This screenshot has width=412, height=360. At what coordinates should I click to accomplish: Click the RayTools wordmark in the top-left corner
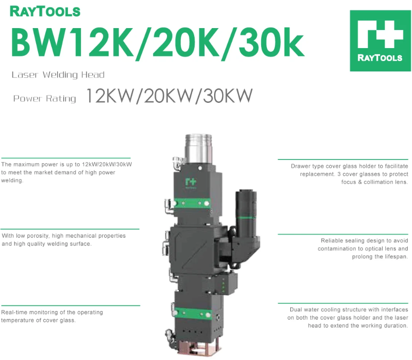(45, 11)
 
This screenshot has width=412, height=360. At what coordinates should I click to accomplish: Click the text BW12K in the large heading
(72, 42)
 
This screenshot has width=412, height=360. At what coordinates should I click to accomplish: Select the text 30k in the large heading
(271, 42)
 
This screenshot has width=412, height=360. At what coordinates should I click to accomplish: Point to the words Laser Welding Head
(58, 75)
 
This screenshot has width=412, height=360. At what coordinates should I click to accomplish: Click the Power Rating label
(44, 99)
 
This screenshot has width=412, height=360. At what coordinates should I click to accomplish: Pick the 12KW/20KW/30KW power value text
(169, 96)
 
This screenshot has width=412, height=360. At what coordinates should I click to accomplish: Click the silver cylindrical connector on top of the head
(198, 149)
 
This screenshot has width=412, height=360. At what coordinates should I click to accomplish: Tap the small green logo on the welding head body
(190, 182)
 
